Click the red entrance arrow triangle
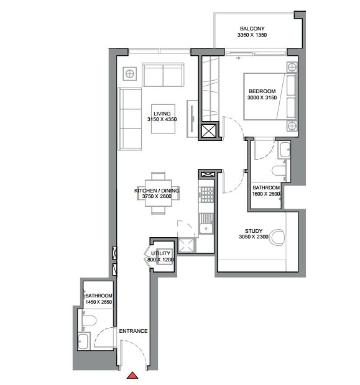click(132, 376)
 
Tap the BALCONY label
click(252, 29)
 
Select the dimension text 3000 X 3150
click(262, 97)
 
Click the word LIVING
click(162, 114)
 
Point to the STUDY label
click(254, 231)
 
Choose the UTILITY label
click(160, 253)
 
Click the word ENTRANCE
click(133, 331)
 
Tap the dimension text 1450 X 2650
click(99, 302)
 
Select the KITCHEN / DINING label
click(157, 191)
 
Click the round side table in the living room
click(129, 73)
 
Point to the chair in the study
click(277, 237)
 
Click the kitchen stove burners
click(206, 194)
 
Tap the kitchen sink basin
click(206, 229)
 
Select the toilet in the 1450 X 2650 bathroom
click(88, 320)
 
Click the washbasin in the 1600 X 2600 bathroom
click(284, 150)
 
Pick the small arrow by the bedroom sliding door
click(238, 58)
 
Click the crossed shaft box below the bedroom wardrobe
click(208, 130)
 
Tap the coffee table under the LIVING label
click(163, 119)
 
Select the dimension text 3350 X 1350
click(252, 35)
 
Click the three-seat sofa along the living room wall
click(130, 119)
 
